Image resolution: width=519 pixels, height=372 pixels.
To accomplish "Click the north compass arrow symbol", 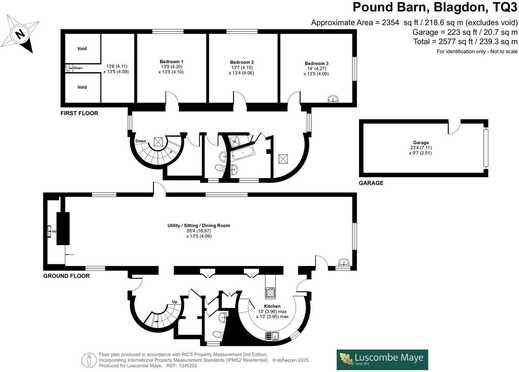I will [x=20, y=34].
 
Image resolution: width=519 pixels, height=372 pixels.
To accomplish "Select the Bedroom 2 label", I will [x=242, y=62].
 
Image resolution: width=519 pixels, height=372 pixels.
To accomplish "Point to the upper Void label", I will [x=82, y=49].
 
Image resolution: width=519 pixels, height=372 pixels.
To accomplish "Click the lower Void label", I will [x=82, y=87].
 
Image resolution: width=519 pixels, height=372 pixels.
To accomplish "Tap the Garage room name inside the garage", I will [x=421, y=143].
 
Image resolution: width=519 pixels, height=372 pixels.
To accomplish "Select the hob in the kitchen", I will [x=270, y=293].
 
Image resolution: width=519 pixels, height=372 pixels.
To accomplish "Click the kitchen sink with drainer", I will [x=272, y=336].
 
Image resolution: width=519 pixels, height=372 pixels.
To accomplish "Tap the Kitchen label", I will [x=272, y=306].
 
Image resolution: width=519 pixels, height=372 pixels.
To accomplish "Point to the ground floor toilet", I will [x=217, y=334].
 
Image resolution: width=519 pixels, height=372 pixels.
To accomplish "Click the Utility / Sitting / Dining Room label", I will [x=199, y=226].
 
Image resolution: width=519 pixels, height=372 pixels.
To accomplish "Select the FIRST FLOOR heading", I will [x=79, y=113].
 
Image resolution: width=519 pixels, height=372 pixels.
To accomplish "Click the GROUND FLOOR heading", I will [x=67, y=276].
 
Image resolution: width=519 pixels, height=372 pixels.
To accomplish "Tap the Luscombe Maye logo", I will [x=382, y=359].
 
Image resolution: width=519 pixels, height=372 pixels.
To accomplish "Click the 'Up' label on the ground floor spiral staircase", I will [x=174, y=302].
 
